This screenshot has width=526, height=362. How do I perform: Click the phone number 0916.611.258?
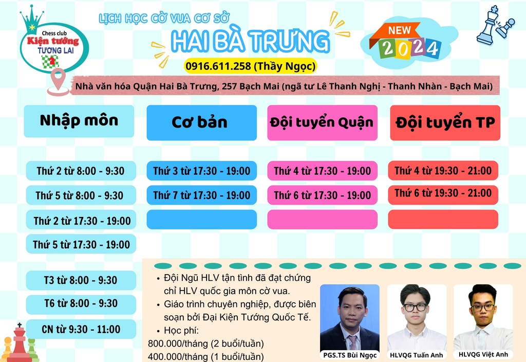click(x=218, y=66)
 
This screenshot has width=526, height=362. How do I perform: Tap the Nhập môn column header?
click(x=79, y=121)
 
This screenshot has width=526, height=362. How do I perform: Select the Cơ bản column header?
click(x=201, y=122)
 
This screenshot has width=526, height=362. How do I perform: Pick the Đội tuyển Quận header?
click(x=323, y=122)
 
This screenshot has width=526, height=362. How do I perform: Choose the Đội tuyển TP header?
click(x=445, y=122)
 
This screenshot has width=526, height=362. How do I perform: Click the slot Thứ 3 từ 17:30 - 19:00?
click(x=201, y=171)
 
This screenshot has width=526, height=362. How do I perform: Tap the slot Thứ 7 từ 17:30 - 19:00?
click(x=201, y=195)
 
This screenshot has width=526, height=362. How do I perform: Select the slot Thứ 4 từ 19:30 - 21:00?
click(x=443, y=171)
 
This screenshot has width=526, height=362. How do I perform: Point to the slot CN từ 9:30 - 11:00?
click(x=81, y=329)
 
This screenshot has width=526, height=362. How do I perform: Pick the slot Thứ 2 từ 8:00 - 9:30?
click(x=81, y=171)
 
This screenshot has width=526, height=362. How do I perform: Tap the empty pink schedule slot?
click(x=323, y=220)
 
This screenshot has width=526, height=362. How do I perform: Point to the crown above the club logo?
click(x=31, y=19)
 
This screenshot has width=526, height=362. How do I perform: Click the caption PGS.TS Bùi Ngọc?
click(x=350, y=355)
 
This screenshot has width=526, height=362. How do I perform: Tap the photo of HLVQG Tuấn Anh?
click(x=417, y=317)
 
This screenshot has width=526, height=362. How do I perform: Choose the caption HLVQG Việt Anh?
click(x=483, y=354)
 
